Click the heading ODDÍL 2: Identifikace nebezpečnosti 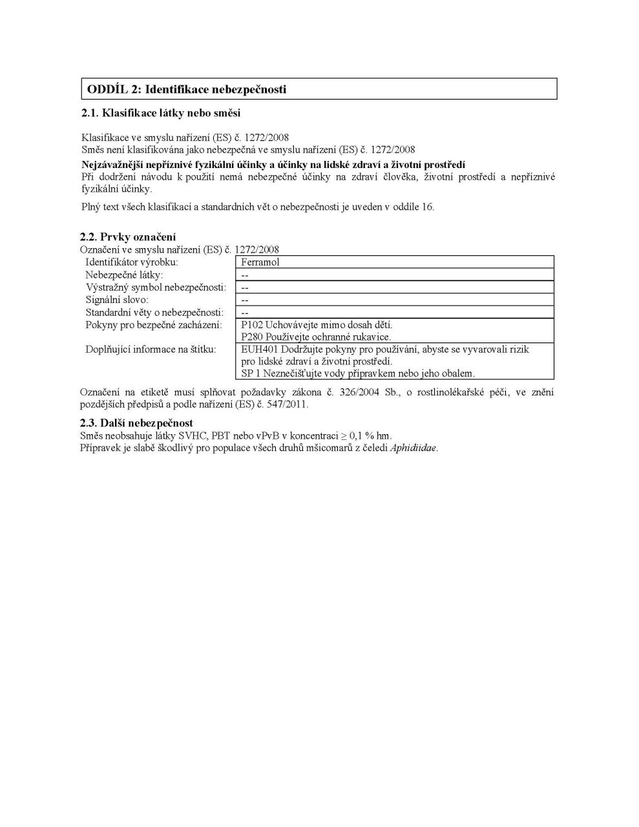click(x=187, y=89)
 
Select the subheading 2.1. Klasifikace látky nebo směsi click(x=161, y=113)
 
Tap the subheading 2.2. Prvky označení click(x=128, y=237)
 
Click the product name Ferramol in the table click(x=260, y=262)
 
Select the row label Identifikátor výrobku click(x=132, y=262)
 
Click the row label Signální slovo click(x=117, y=300)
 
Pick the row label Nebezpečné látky click(x=124, y=275)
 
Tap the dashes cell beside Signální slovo click(x=246, y=300)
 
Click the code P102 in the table click(x=252, y=325)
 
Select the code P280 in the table click(x=252, y=337)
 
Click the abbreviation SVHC click(x=193, y=435)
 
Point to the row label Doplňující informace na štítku click(x=151, y=350)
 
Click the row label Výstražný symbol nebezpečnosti click(x=156, y=287)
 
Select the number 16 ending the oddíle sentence click(x=428, y=207)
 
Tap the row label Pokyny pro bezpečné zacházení click(x=154, y=325)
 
